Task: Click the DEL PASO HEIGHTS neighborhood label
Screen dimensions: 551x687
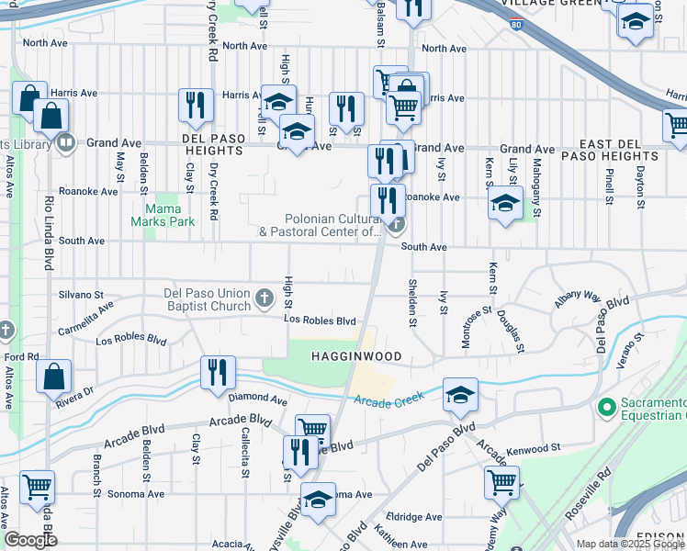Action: pos(214,152)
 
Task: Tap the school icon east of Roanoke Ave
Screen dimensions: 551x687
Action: pos(505,203)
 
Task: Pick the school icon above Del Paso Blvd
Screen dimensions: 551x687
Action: pos(460,395)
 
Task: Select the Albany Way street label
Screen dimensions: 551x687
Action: pos(576,300)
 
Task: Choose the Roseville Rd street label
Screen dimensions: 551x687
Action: pos(589,497)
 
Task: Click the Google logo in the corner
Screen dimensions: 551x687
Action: pos(30,539)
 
